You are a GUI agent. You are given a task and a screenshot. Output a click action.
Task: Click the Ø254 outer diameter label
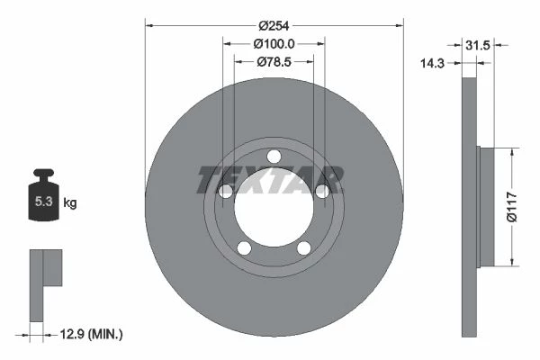[x=274, y=26]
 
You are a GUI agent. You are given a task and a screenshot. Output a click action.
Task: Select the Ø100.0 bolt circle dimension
[x=274, y=44]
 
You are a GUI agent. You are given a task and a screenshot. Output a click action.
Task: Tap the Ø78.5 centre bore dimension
[x=274, y=62]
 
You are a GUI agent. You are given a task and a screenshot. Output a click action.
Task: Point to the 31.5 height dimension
[x=477, y=45]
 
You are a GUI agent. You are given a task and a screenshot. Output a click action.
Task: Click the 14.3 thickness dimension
[x=432, y=63]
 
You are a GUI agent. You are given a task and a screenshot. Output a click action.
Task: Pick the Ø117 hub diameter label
[x=512, y=207]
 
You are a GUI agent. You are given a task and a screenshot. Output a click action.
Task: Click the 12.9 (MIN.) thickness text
[x=91, y=334]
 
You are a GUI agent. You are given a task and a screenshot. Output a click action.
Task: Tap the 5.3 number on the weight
[x=44, y=202]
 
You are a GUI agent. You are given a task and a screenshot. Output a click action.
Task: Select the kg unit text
[x=70, y=202]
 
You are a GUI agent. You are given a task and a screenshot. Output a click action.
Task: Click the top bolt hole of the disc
[x=274, y=157]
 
